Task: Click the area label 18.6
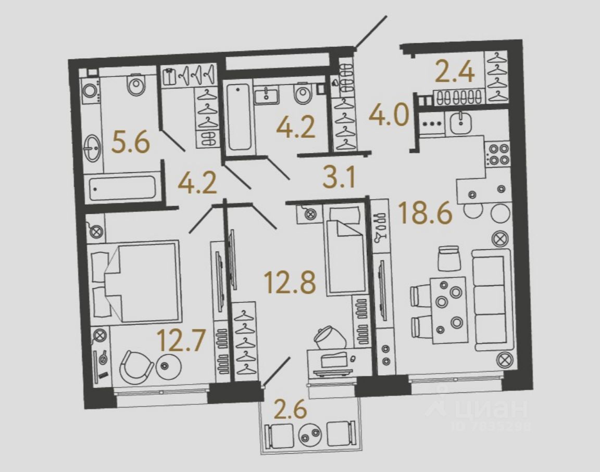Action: tap(424, 213)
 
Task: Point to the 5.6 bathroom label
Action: tap(131, 143)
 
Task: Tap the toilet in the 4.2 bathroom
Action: tap(302, 95)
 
